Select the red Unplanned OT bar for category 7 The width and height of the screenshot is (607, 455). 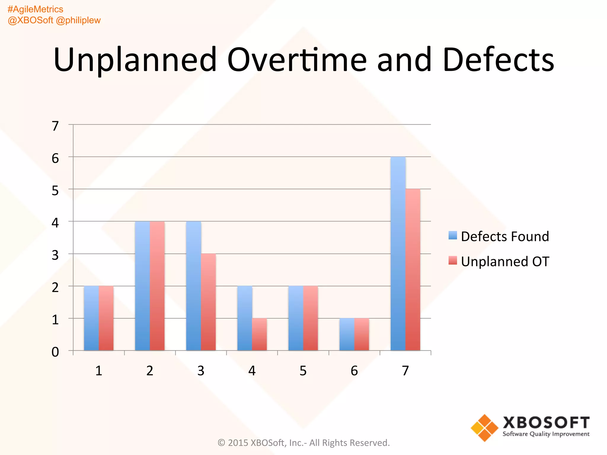click(413, 270)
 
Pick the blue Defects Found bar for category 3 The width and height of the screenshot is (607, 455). click(194, 286)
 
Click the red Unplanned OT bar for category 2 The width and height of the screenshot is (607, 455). click(157, 286)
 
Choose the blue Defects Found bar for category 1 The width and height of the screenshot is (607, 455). click(91, 318)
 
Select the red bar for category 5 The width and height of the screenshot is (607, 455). click(310, 318)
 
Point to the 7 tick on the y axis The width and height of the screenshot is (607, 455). click(55, 126)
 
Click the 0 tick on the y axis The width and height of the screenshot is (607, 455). click(55, 352)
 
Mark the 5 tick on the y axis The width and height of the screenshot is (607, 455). click(55, 191)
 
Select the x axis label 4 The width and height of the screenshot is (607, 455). click(252, 371)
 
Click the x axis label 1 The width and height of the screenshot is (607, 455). click(99, 371)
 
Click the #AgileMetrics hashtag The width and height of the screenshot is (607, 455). click(35, 9)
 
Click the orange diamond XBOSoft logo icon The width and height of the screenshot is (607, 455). click(485, 428)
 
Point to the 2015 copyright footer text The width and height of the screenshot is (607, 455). click(303, 443)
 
